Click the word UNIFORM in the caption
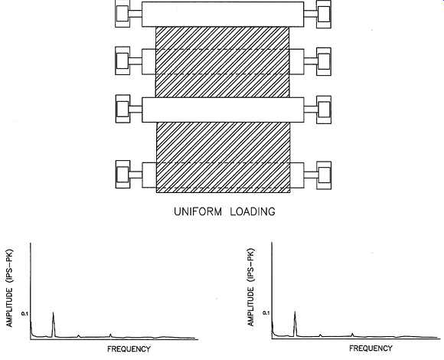tap(198, 211)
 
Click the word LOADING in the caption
tap(253, 211)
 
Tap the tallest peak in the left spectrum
tap(54, 313)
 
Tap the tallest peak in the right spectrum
tap(295, 312)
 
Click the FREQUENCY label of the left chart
tap(129, 349)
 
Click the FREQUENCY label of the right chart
tap(371, 349)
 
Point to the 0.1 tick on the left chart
tap(25, 313)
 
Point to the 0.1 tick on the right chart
tap(266, 313)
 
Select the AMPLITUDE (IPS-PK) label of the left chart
tap(9, 288)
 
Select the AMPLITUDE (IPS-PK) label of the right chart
tap(251, 287)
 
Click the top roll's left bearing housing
tap(122, 13)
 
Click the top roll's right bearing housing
tap(324, 14)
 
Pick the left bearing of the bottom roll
tap(123, 174)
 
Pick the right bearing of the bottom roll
tap(324, 175)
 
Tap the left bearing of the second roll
tap(122, 61)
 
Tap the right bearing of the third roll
tap(324, 110)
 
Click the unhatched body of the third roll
tap(223, 110)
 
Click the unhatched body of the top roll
tap(223, 15)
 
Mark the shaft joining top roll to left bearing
tap(136, 14)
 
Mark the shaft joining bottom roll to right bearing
tap(310, 175)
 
